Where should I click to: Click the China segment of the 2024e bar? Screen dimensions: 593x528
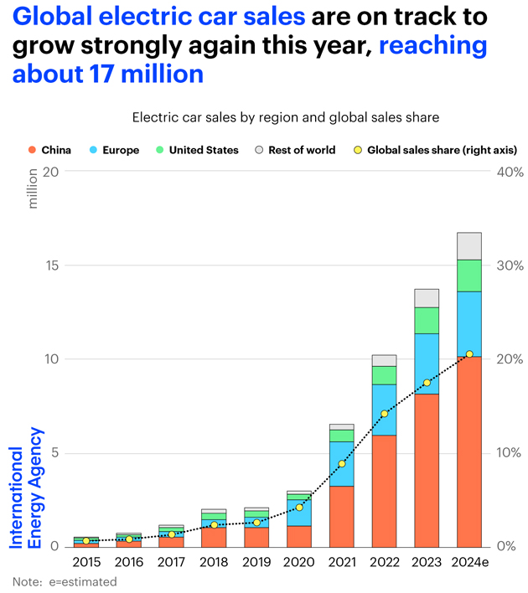468,452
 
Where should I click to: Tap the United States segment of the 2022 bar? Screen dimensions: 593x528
384,375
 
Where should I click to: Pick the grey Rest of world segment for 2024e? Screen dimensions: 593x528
468,246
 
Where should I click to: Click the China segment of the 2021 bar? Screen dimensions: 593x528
341,516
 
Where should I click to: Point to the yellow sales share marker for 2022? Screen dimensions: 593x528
384,414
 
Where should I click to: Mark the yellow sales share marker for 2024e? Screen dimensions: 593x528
468,354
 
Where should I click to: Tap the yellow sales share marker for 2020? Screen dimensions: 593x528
299,508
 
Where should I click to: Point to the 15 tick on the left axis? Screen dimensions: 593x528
54,266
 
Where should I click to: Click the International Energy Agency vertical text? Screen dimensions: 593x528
25,487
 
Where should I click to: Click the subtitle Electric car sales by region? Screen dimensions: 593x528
285,118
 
